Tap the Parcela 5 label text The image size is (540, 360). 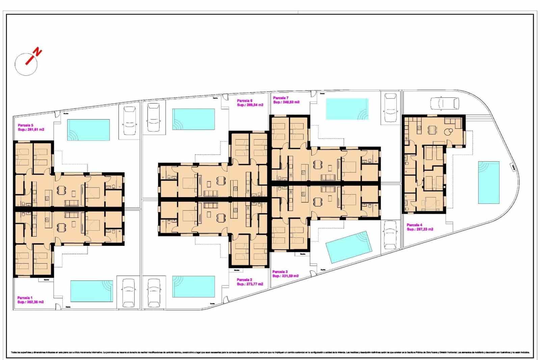coord(25,125)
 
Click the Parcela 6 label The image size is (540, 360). coord(245,101)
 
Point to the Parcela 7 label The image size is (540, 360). coord(281,98)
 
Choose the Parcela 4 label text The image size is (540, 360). coord(414,225)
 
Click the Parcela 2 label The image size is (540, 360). coord(245,280)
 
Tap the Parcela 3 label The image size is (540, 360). coord(280,272)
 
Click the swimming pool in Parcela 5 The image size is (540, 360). coord(88,130)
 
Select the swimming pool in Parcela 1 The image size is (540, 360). coord(91,291)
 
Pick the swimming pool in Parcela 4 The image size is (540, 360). coord(488,182)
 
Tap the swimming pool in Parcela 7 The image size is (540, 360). coord(347,109)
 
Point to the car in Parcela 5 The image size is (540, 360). coord(129,121)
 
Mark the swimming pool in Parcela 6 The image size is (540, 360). coord(194,119)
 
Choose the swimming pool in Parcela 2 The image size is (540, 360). coord(194,287)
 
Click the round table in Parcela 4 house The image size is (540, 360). coord(449,132)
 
